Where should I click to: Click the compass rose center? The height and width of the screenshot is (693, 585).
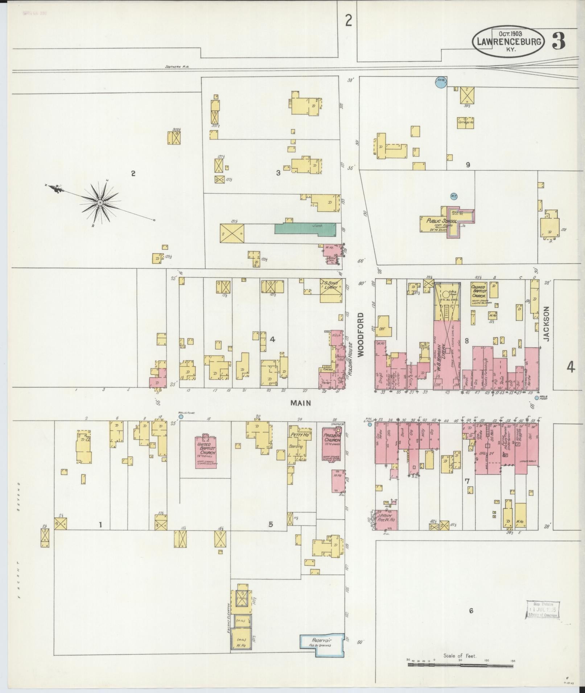[99, 203]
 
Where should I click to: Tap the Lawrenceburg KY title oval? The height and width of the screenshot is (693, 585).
[508, 43]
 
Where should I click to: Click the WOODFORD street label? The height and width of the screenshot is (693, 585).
[361, 335]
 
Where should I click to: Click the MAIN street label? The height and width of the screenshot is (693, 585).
[301, 403]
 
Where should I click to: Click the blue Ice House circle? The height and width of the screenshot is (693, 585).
[440, 83]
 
